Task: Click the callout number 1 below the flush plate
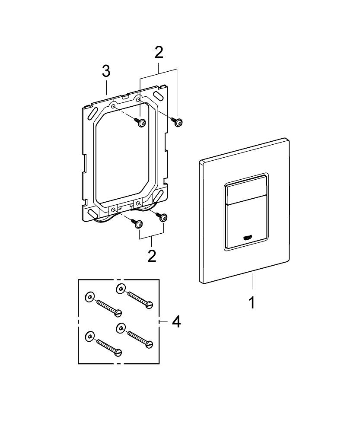point(252,303)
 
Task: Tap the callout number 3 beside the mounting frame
point(106,72)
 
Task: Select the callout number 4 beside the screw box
point(176,322)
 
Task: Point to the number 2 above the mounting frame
point(159,53)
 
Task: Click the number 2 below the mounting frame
point(152,255)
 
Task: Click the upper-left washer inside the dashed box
point(89,297)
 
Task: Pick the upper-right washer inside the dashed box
point(121,289)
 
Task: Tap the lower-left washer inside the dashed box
point(89,337)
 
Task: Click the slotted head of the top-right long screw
point(150,305)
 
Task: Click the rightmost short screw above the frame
point(178,122)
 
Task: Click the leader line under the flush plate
point(252,281)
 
